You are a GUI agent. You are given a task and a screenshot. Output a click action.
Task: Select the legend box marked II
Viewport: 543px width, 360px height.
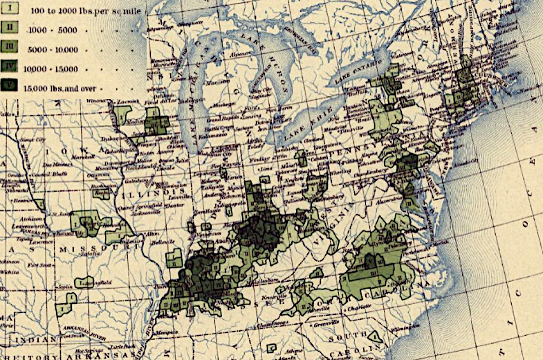click(x=11, y=28)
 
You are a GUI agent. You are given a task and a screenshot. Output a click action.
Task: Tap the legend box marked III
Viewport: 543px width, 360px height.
click(x=11, y=48)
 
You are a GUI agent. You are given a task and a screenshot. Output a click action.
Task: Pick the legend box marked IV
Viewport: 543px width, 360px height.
click(x=11, y=68)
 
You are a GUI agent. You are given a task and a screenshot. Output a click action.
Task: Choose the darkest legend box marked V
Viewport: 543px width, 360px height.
click(x=11, y=88)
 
